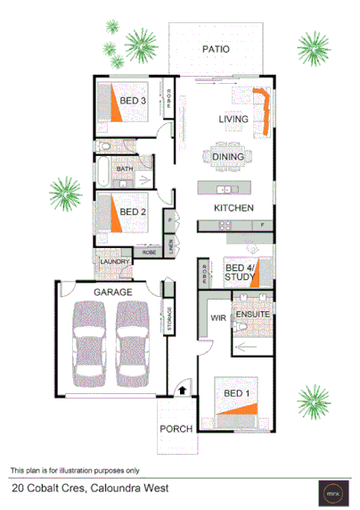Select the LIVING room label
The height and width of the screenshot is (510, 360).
click(233, 119)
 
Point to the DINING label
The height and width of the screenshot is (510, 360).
click(229, 157)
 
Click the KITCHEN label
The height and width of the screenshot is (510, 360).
click(234, 208)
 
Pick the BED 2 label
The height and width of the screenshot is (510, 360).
click(132, 211)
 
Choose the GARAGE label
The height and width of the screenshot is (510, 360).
click(113, 292)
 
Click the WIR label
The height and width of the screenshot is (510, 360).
click(215, 317)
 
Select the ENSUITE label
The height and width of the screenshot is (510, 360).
click(252, 315)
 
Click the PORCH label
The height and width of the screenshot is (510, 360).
click(176, 429)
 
